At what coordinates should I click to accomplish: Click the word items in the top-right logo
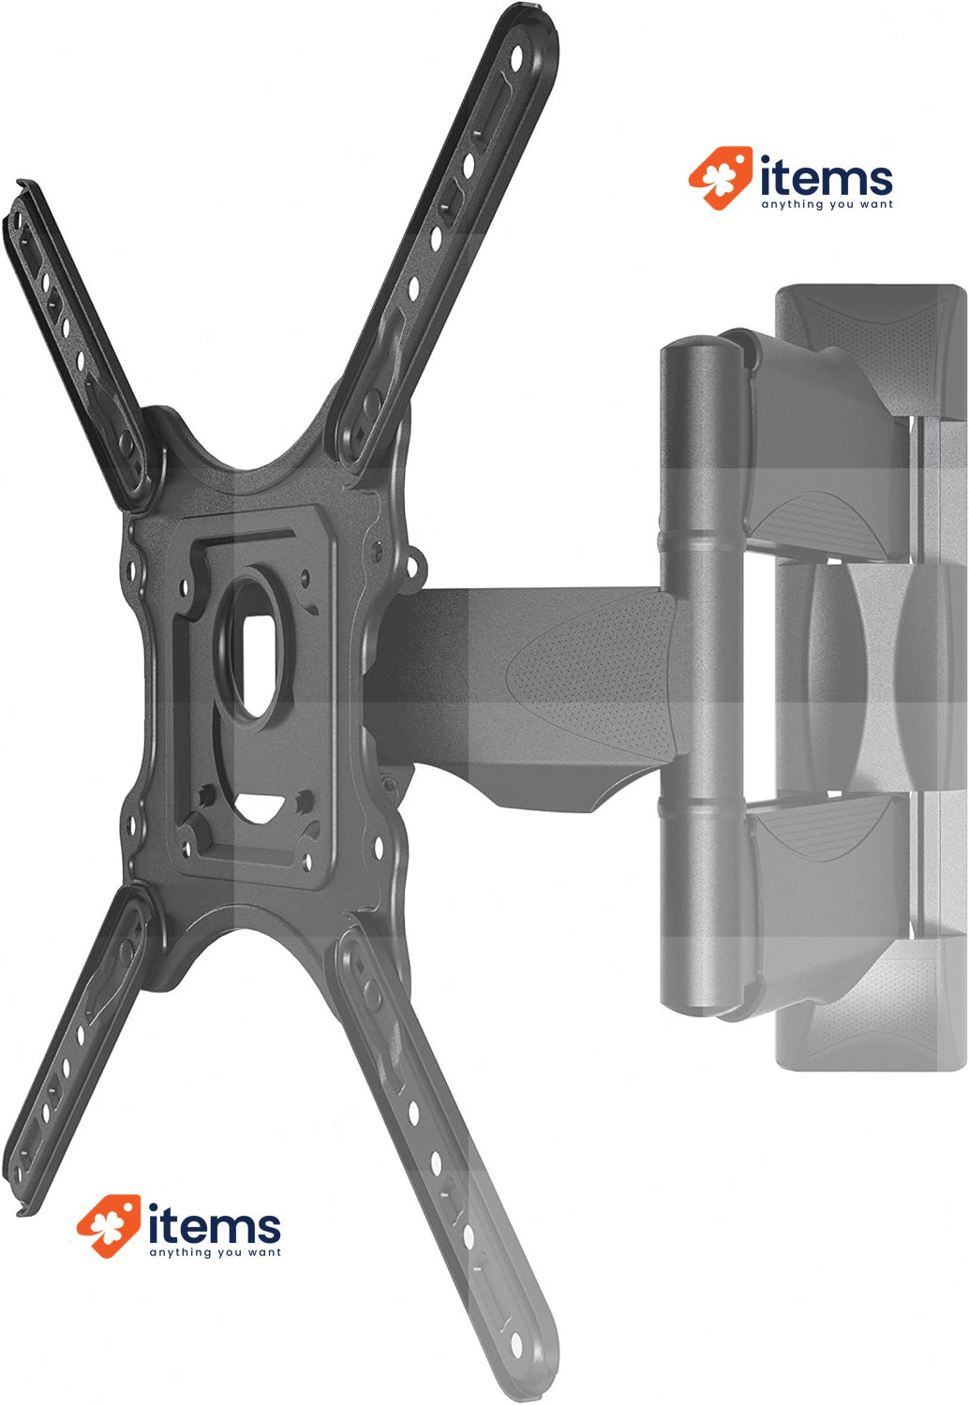[x=826, y=178]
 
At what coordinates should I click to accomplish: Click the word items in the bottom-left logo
[x=214, y=1226]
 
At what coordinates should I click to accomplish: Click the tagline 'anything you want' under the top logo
[x=827, y=204]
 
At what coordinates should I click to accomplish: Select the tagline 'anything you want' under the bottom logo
[x=215, y=1252]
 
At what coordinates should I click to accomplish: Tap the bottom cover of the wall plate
[x=872, y=1030]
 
